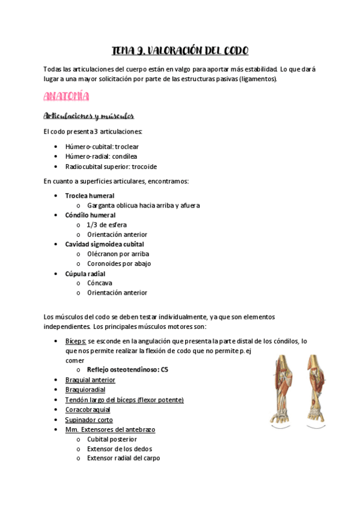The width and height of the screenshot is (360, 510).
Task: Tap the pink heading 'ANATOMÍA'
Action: (67, 96)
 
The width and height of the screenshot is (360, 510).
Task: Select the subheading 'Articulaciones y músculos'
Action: (89, 115)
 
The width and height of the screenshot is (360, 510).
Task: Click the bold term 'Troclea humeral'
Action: (90, 195)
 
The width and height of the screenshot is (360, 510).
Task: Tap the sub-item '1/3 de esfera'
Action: (106, 224)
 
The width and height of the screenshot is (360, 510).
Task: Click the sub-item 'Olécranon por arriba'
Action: (118, 254)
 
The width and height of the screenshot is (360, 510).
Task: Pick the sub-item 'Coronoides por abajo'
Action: (118, 263)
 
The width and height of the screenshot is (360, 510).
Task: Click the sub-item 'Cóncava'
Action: (99, 283)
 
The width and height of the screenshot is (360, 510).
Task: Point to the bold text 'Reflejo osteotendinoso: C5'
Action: (127, 370)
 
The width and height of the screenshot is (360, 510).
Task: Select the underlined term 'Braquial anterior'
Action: (90, 380)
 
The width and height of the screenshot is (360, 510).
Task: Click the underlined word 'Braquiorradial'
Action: (85, 390)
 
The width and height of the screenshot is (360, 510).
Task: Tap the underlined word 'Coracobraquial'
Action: (87, 410)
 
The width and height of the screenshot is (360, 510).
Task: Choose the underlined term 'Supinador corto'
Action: (89, 420)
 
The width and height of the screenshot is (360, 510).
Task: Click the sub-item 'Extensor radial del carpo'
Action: (123, 458)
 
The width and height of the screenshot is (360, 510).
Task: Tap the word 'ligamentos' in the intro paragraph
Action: (258, 79)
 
